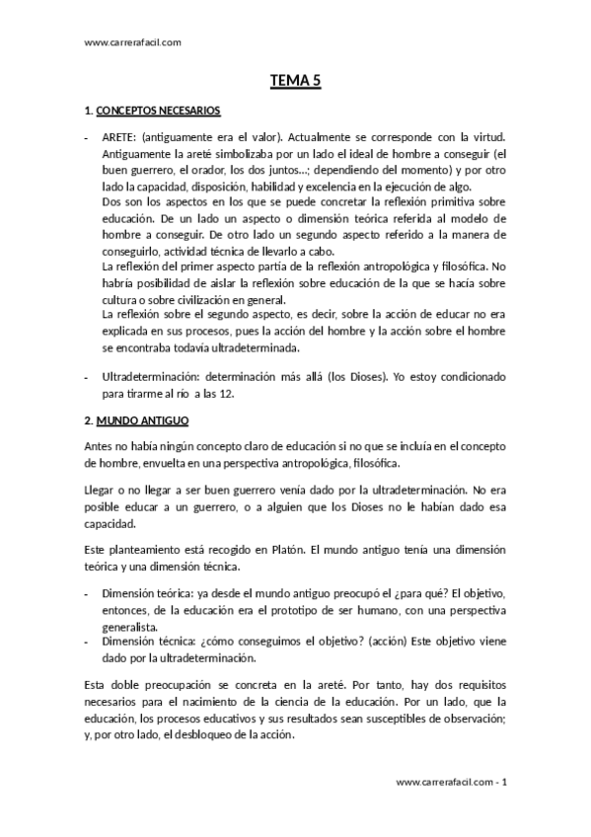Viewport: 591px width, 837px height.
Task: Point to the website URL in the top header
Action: (133, 41)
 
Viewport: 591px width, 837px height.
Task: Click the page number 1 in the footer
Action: (504, 782)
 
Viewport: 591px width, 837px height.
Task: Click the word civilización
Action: (208, 300)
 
